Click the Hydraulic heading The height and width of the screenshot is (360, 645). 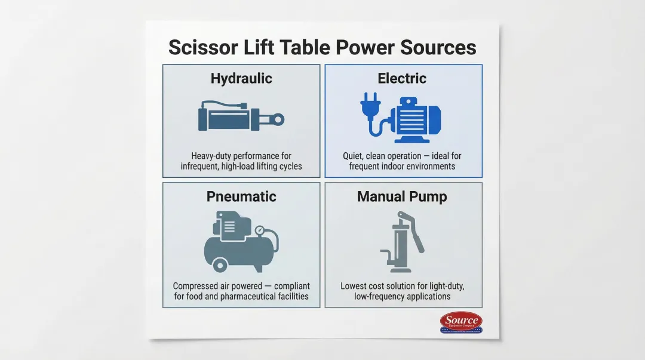241,78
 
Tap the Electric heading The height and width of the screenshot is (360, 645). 402,78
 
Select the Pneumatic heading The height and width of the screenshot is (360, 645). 241,196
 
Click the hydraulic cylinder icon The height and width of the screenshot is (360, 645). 241,116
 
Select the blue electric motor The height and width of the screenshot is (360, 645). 416,120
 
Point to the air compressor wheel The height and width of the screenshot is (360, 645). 220,265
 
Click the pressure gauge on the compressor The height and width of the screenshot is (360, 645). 260,231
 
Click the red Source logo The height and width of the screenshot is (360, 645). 461,322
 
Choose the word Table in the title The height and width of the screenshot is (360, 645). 305,47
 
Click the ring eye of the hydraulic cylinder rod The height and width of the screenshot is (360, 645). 278,120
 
